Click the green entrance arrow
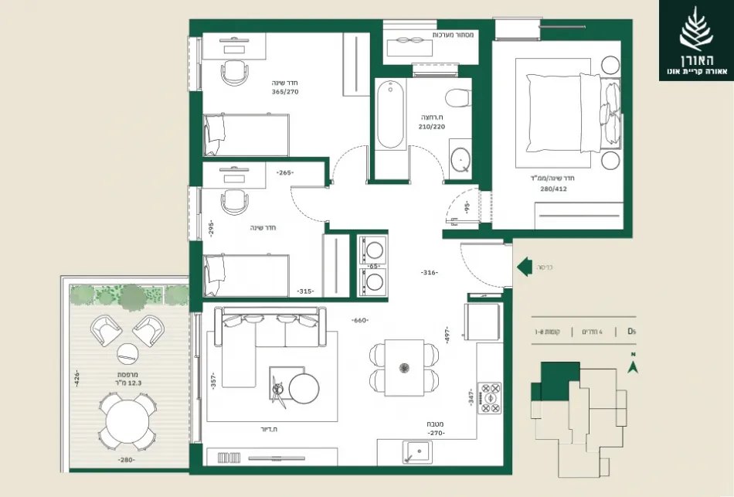[524, 267]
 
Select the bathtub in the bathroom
[390, 117]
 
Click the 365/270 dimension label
[284, 92]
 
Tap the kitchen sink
[419, 452]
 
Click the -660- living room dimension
[359, 321]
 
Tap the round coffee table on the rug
[304, 386]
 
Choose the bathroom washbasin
[461, 157]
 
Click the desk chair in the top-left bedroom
[236, 72]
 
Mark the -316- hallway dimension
[430, 273]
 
